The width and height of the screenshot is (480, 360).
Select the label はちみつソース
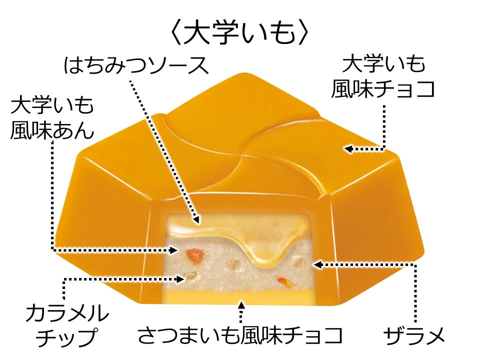coord(136,65)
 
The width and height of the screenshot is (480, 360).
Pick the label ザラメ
coord(415,335)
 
